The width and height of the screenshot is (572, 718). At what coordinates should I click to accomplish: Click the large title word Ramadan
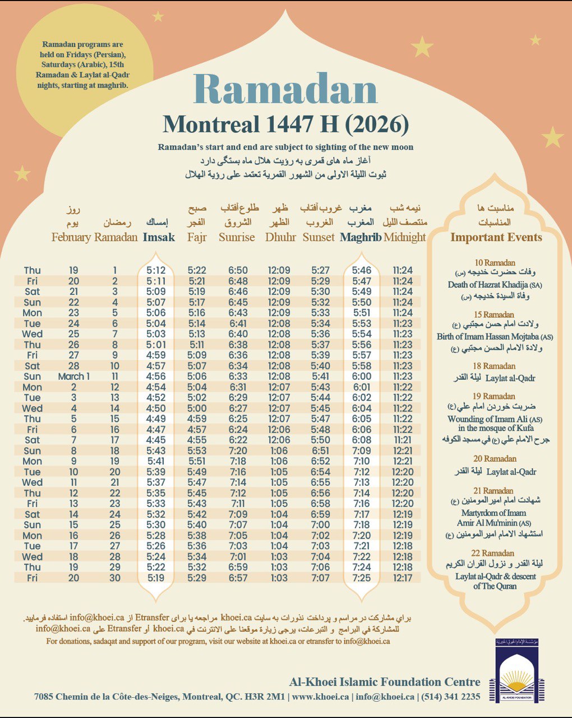(285, 89)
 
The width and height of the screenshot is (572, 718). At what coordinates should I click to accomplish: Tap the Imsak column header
(159, 237)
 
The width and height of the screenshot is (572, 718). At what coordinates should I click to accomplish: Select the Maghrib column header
(361, 237)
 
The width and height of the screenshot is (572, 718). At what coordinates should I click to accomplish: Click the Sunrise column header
(237, 237)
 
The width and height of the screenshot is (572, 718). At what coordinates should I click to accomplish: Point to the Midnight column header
(405, 237)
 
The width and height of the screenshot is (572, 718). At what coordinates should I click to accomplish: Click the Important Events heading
(496, 237)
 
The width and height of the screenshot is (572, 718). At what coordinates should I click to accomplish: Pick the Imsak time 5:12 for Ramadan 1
(156, 270)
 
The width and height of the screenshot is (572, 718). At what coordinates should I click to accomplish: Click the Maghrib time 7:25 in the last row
(362, 578)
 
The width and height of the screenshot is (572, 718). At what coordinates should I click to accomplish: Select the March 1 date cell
(73, 376)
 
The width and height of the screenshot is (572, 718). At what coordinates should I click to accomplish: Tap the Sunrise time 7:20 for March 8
(238, 450)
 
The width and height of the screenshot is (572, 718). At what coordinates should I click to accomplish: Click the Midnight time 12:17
(403, 578)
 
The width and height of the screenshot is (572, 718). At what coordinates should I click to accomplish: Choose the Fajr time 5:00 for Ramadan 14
(197, 408)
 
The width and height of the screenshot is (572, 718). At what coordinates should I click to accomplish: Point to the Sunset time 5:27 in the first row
(321, 270)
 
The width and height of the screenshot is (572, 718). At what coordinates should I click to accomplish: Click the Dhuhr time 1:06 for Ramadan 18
(279, 450)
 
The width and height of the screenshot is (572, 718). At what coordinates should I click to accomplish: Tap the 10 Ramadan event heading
(495, 263)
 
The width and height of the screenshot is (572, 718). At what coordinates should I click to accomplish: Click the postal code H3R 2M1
(265, 697)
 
